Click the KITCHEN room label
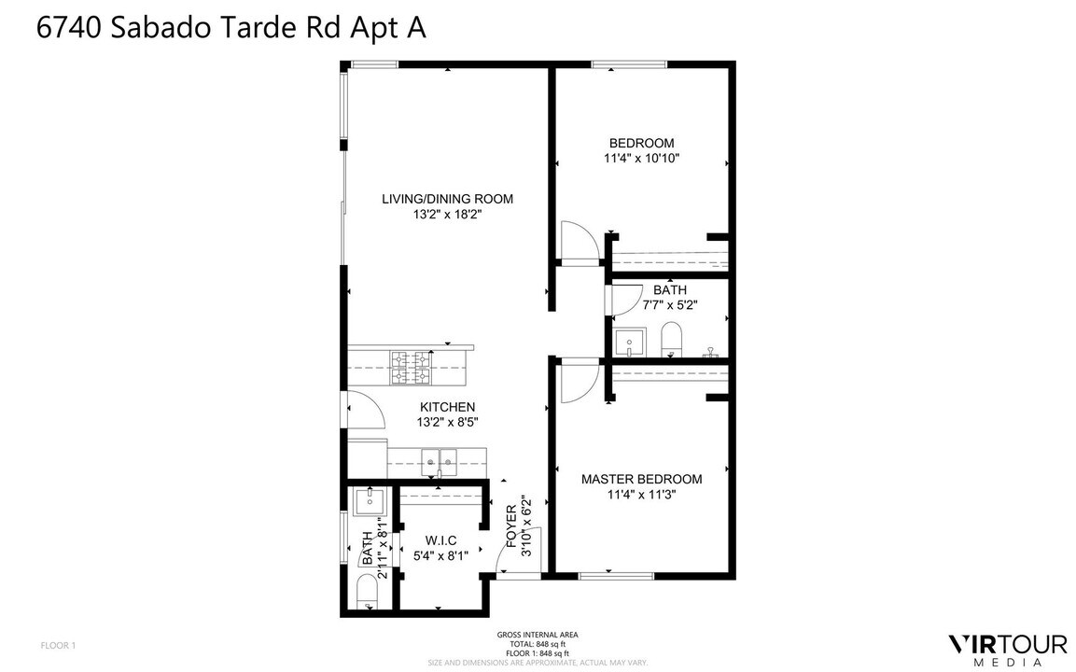pyautogui.click(x=447, y=407)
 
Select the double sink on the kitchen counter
pyautogui.click(x=438, y=457)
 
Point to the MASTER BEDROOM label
pyautogui.click(x=641, y=479)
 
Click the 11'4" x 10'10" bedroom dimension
pyautogui.click(x=641, y=159)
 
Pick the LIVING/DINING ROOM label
pyautogui.click(x=447, y=199)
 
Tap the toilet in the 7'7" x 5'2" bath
pyautogui.click(x=671, y=339)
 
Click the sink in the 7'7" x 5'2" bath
pyautogui.click(x=631, y=342)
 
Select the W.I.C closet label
pyautogui.click(x=440, y=540)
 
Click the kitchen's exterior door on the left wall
pyautogui.click(x=360, y=410)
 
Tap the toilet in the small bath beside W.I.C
pyautogui.click(x=366, y=591)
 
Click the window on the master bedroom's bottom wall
pyautogui.click(x=608, y=576)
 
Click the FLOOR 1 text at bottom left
pyautogui.click(x=58, y=645)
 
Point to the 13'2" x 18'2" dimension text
pyautogui.click(x=447, y=215)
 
